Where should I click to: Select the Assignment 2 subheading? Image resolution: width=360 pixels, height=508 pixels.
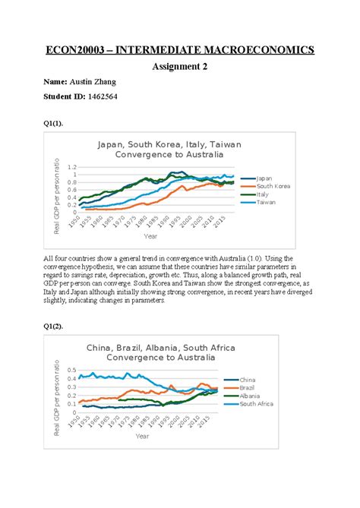click(x=180, y=67)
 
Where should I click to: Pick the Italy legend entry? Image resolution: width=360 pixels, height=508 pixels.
click(x=266, y=194)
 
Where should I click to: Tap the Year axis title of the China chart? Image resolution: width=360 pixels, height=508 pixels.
click(x=143, y=436)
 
